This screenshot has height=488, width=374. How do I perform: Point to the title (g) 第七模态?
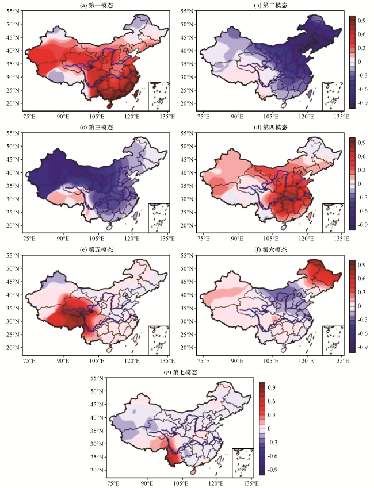180,372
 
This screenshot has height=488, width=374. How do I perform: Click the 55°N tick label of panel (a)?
13,11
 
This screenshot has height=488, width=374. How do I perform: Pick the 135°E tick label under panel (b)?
342,117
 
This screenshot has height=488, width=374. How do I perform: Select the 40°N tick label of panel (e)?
13,295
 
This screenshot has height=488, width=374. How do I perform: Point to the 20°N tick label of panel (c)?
13,225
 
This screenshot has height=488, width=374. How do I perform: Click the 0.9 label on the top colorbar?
362,21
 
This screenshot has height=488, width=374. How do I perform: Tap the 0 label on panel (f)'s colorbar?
360,306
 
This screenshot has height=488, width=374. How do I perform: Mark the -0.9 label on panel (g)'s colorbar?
271,470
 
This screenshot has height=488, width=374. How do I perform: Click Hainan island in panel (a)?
109,106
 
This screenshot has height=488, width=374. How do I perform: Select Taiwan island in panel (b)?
310,93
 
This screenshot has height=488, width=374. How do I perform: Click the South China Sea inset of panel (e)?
159,340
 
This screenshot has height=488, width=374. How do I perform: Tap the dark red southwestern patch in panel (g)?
173,456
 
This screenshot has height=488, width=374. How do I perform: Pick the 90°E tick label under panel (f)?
237,361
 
